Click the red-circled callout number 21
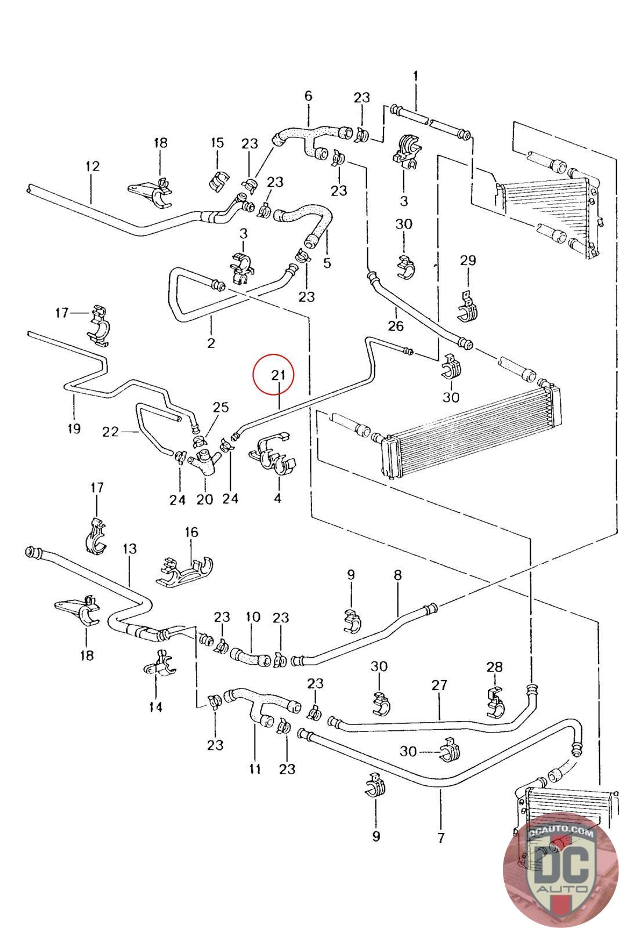pos(278,375)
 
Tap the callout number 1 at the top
pos(415,76)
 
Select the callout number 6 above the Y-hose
pos(308,96)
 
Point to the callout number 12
pos(92,166)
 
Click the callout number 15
pos(218,143)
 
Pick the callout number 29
pos(468,260)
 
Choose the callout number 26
pos(396,325)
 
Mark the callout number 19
pos(74,429)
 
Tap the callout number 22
pos(110,432)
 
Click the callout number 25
pos(221,407)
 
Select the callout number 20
pos(205,499)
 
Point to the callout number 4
pos(278,498)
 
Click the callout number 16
pos(191,532)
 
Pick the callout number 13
pos(130,549)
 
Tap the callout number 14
pos(156,707)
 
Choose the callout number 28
pos(495,667)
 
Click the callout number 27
pos(439,685)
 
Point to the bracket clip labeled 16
pos(185,572)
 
